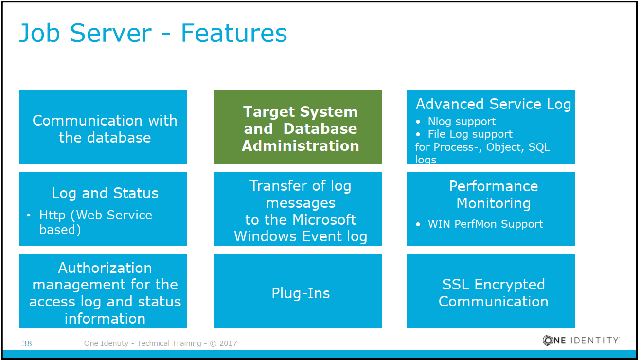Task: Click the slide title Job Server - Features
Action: coord(153,33)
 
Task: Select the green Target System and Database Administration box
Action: coord(298,127)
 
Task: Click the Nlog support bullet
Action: coord(462,121)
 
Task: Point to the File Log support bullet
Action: coord(470,134)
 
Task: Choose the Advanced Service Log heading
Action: coord(493,104)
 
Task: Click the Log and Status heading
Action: coord(105,193)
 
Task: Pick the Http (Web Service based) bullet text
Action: coord(95,222)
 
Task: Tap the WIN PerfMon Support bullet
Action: coord(485,224)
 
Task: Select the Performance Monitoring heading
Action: coord(493,194)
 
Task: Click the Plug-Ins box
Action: coord(301,293)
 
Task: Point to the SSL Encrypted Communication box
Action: coord(493,292)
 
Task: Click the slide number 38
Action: coord(27,343)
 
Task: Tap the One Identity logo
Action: coord(581,341)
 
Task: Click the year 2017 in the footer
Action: coord(228,343)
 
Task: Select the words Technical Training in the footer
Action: coord(169,343)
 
